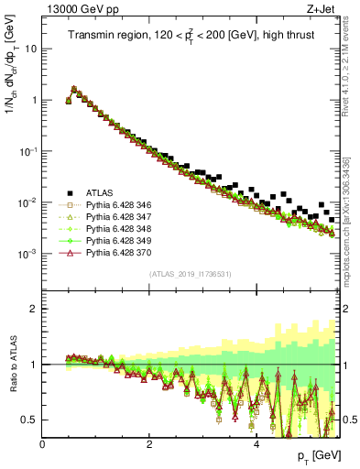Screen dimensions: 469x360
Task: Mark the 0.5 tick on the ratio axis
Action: pos(31,420)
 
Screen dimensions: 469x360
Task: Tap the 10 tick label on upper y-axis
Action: pos(30,49)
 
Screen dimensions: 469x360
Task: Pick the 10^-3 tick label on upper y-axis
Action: pos(27,253)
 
